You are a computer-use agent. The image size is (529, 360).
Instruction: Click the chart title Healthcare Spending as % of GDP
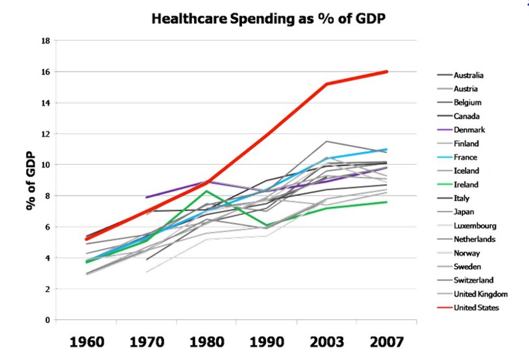pos(268,18)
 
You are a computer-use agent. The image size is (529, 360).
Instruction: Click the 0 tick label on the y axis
pos(47,320)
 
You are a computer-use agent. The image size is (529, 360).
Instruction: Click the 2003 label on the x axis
pos(327,342)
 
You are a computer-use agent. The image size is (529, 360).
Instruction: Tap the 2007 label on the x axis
pos(386,342)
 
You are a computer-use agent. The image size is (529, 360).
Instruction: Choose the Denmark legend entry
pos(469,130)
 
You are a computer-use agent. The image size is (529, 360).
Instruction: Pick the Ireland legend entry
pos(466,185)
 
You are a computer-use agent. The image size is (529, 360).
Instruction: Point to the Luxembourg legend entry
pos(474,226)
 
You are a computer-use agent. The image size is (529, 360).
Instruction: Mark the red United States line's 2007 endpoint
pos(387,72)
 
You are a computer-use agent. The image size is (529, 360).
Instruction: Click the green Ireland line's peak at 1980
pos(206,191)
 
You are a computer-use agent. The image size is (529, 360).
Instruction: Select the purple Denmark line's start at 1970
pos(146,197)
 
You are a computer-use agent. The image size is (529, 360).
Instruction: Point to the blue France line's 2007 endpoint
pos(387,150)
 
